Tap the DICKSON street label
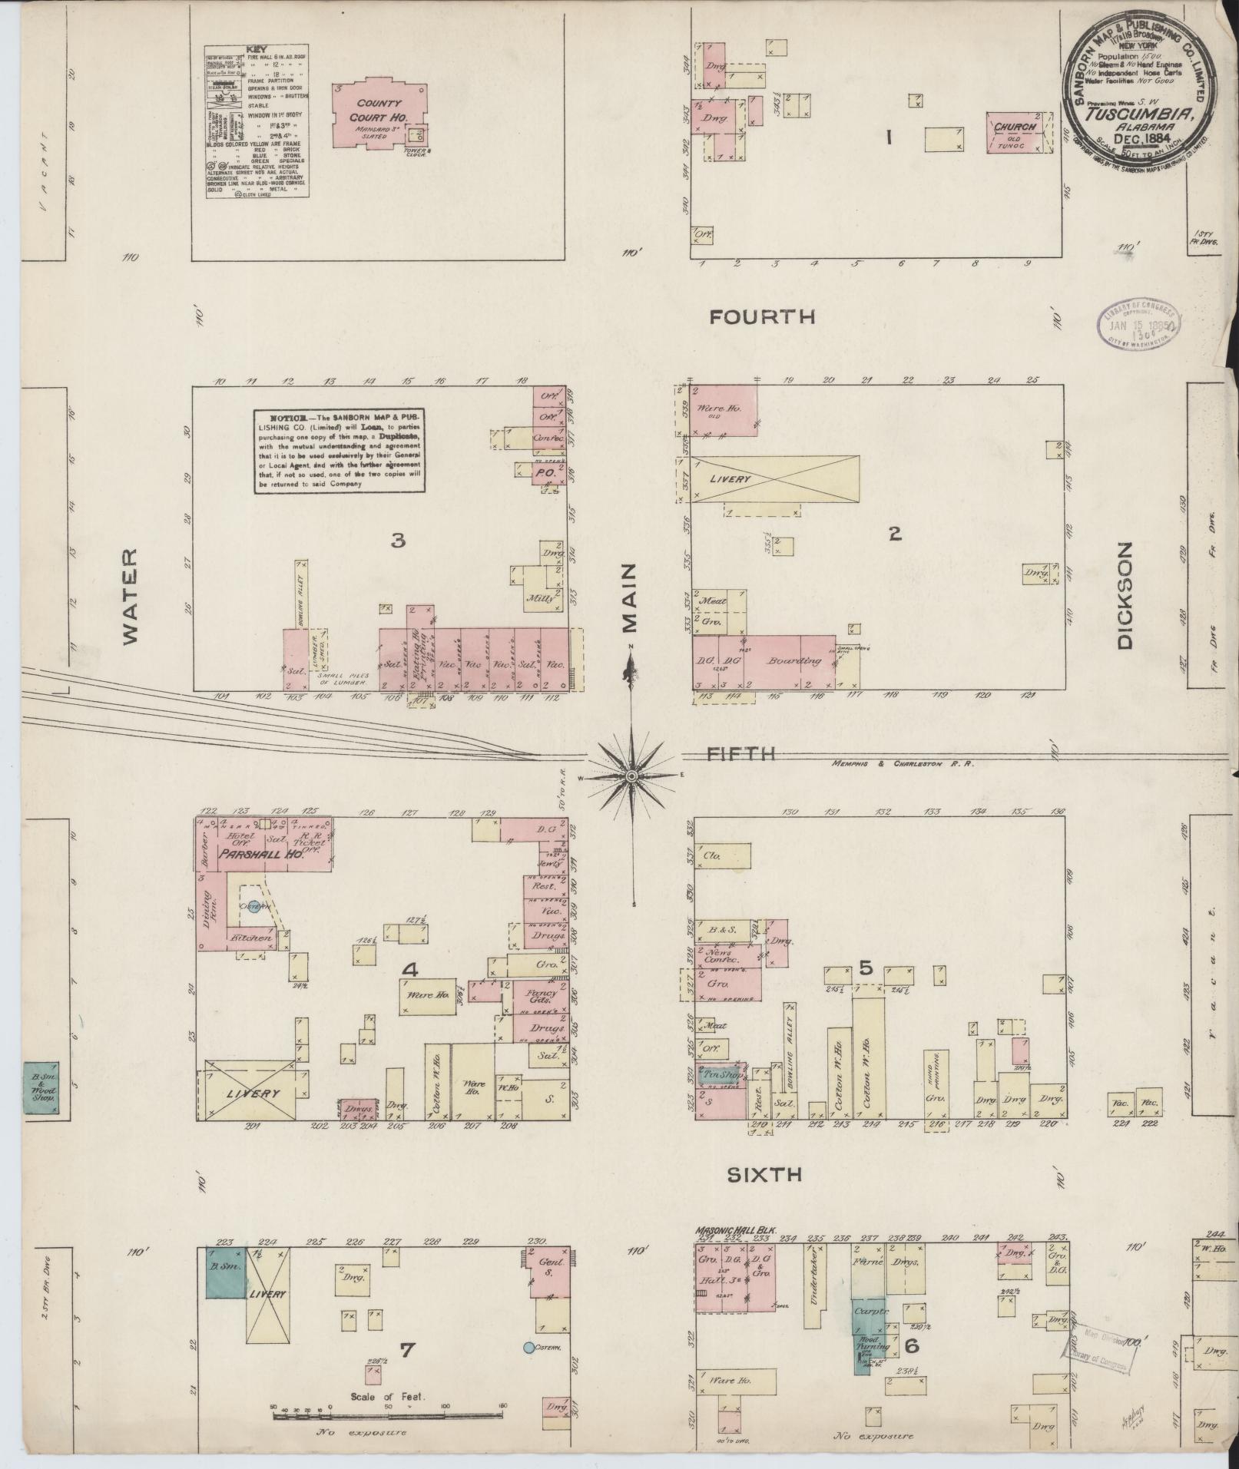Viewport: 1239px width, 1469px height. pyautogui.click(x=1125, y=596)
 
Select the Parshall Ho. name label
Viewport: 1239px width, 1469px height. pyautogui.click(x=260, y=854)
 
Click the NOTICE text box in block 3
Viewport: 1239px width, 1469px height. pyautogui.click(x=340, y=450)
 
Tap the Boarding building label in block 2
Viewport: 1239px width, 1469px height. pyautogui.click(x=790, y=660)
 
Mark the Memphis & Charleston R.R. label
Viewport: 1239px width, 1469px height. pyautogui.click(x=903, y=763)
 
